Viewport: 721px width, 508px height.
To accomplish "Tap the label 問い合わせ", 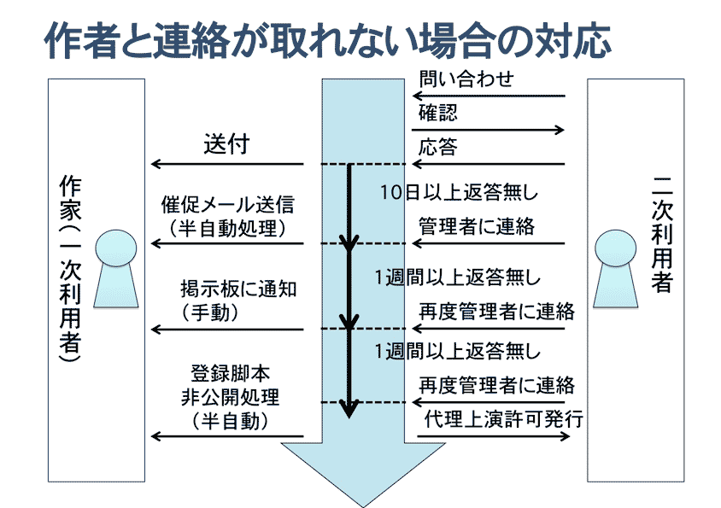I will (x=466, y=79).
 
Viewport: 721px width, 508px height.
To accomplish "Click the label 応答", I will (x=437, y=148).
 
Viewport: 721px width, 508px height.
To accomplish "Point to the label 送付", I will (x=226, y=143).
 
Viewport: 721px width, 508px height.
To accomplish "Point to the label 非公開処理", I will (x=230, y=397).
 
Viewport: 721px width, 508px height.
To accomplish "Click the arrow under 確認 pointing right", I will (x=491, y=130).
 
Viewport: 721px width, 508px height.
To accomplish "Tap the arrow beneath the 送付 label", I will (x=227, y=164).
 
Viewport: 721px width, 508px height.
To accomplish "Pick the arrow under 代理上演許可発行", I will (x=493, y=436).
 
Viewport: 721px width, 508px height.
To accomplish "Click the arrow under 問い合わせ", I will (x=491, y=96).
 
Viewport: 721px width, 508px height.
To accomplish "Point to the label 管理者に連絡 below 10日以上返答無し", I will (x=476, y=226).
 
